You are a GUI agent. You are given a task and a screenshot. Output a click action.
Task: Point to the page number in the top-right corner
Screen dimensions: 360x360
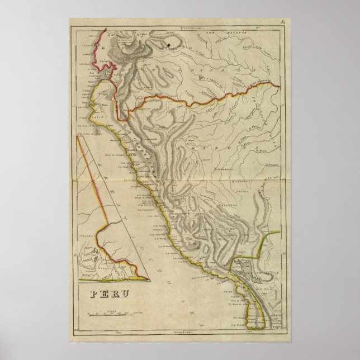tap(283, 22)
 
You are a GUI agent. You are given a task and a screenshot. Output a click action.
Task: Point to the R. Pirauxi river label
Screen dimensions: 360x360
tap(271, 165)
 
